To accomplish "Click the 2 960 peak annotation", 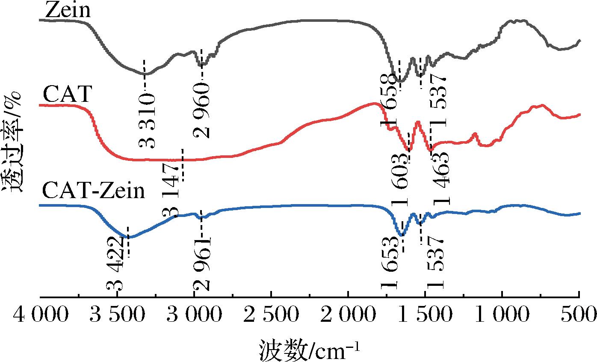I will tap(202, 110).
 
